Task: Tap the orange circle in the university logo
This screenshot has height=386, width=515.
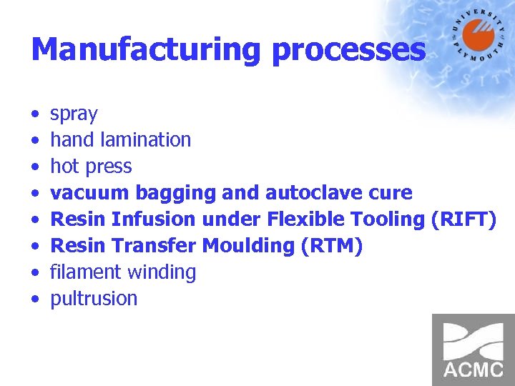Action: pyautogui.click(x=479, y=36)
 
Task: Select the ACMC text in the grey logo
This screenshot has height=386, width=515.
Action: pyautogui.click(x=474, y=370)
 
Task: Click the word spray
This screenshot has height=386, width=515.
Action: pyautogui.click(x=74, y=114)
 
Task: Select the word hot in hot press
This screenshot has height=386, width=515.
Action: pyautogui.click(x=64, y=167)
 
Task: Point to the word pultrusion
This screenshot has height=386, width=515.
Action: pyautogui.click(x=94, y=299)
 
